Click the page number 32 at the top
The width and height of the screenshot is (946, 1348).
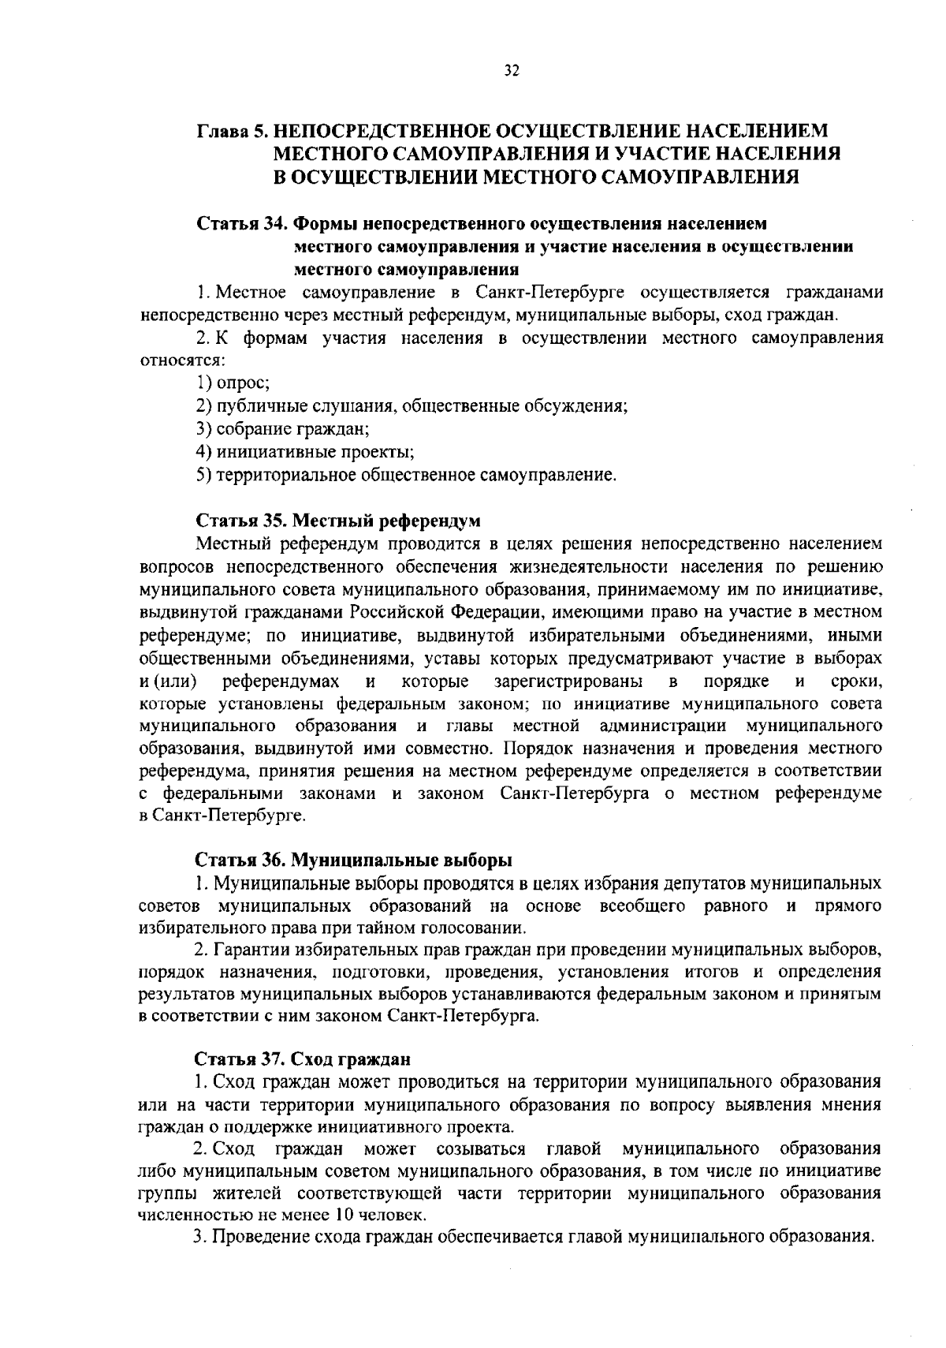tap(511, 72)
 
